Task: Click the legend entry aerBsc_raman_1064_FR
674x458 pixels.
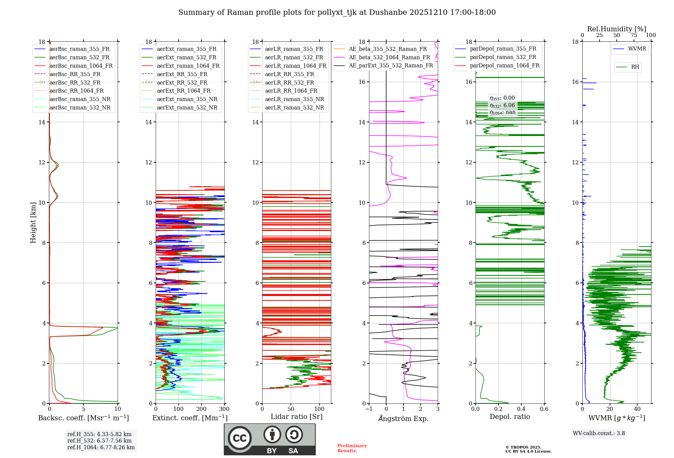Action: [81, 66]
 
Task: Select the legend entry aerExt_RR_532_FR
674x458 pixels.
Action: [182, 83]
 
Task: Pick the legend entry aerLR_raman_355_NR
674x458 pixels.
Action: [294, 99]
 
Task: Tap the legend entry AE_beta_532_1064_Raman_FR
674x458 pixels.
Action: [389, 57]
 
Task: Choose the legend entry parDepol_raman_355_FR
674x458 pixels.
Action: [503, 48]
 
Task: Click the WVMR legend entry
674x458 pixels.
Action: [637, 49]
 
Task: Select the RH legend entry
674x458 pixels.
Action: [635, 67]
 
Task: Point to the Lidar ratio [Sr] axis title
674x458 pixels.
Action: [296, 417]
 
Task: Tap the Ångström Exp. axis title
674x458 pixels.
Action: [403, 418]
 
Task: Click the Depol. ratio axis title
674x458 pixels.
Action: [510, 417]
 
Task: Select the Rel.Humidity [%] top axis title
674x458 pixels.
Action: [616, 29]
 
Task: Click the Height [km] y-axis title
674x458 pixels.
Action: [33, 222]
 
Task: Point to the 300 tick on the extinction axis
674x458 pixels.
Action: [224, 409]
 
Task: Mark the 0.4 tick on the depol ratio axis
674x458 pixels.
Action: [521, 409]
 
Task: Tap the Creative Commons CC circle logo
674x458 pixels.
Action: [240, 438]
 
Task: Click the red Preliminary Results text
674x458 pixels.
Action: [352, 448]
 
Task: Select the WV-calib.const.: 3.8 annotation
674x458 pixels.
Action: [599, 433]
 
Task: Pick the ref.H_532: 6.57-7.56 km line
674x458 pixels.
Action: [99, 441]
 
